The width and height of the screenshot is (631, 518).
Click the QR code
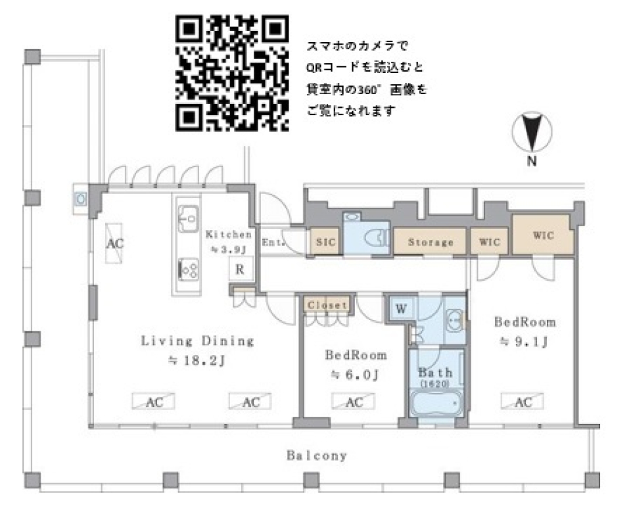(232, 73)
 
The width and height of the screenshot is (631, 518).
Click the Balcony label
(316, 455)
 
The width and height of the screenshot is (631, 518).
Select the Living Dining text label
(197, 341)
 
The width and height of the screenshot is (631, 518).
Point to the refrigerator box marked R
(240, 270)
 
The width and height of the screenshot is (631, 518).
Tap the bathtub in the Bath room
(436, 402)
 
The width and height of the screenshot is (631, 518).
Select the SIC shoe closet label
(325, 242)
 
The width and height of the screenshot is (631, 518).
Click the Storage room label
(431, 242)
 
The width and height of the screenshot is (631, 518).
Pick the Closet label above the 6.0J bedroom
(327, 305)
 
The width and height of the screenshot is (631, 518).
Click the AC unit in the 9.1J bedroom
(523, 402)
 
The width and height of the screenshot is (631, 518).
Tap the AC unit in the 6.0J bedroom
(354, 402)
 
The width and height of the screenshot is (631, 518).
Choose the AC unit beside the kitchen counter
(116, 243)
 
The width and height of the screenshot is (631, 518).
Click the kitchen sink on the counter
(189, 217)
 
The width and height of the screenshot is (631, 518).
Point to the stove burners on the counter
(189, 268)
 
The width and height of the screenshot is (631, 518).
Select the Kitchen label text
(228, 234)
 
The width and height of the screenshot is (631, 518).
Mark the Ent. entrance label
(273, 242)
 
